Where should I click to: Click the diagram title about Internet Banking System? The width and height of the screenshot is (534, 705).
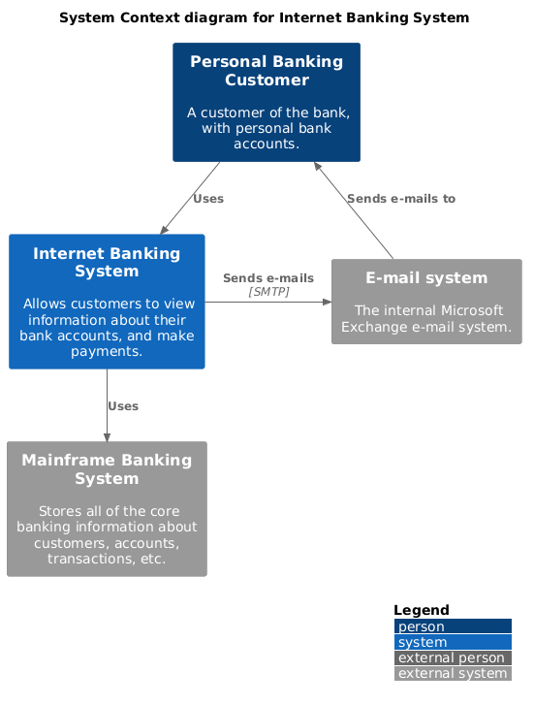tap(264, 17)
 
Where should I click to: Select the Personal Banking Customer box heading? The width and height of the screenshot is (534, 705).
tap(267, 71)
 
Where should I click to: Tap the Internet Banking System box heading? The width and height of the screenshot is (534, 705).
tap(107, 262)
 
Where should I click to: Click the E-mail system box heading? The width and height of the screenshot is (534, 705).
tap(426, 278)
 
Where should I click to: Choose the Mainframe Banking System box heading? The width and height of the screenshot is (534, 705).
tap(107, 468)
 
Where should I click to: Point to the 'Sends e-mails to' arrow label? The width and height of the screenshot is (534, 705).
tap(400, 199)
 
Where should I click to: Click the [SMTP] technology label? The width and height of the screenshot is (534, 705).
tap(268, 292)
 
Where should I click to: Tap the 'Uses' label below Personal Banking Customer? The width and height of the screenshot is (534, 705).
tap(208, 199)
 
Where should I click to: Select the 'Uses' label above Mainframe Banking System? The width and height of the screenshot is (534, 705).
tap(123, 406)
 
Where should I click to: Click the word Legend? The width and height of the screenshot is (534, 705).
tap(422, 610)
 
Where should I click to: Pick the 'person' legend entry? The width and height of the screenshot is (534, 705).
tap(422, 627)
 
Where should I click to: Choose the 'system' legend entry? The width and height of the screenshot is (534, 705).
tap(423, 642)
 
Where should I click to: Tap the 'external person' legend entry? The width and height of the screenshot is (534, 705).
tap(452, 657)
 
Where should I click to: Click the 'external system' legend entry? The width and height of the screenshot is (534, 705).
tap(452, 673)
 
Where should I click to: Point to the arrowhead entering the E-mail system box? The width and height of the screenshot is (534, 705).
tap(327, 302)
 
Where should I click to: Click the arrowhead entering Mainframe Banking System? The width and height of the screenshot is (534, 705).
tap(107, 436)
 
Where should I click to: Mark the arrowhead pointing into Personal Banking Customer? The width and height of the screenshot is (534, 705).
tap(316, 167)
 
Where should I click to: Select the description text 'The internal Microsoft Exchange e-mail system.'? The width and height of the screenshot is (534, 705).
tap(426, 319)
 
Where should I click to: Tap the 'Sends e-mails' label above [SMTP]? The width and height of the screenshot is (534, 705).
tap(268, 278)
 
